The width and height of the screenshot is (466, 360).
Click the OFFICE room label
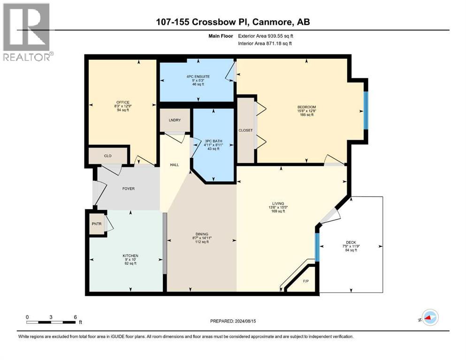point(123,103)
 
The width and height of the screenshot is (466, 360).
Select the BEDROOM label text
point(306,107)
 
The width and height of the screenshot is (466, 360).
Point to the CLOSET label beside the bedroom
point(245,130)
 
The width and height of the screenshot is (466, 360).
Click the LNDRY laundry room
point(175,120)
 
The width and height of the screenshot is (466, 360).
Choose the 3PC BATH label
point(214,141)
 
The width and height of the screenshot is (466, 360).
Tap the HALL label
point(175,165)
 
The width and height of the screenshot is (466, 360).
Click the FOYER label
point(128,189)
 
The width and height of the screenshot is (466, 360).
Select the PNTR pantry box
point(96,224)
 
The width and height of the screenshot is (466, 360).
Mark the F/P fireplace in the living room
point(306,281)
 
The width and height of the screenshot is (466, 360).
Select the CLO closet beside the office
point(108,156)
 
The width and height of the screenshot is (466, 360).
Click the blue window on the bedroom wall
point(366,110)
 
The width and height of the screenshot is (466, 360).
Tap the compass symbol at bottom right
point(430,318)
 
